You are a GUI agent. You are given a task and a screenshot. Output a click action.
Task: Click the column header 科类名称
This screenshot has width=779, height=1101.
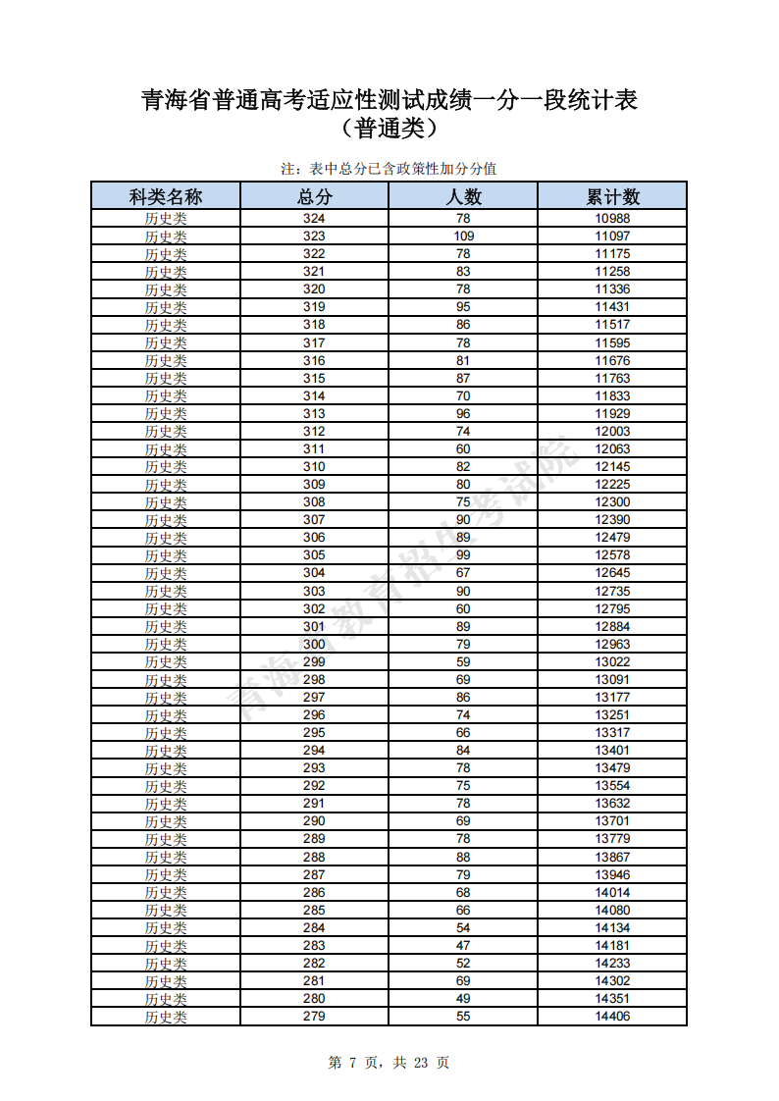click(x=166, y=196)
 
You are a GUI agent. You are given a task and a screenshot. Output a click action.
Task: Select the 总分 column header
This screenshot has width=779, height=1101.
click(x=314, y=196)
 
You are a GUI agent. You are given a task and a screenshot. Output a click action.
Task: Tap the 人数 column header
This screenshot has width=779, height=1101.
click(x=463, y=196)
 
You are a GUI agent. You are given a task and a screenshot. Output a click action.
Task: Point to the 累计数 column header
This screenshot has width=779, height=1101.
click(x=612, y=196)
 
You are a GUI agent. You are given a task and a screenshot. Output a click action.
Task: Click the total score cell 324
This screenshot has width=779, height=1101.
click(x=314, y=219)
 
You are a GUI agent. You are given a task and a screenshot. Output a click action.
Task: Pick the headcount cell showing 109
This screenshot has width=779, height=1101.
click(x=463, y=236)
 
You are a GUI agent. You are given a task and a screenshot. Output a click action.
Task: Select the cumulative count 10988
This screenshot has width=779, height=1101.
click(x=612, y=219)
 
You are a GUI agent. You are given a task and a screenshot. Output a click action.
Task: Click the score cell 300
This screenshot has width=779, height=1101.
click(x=314, y=644)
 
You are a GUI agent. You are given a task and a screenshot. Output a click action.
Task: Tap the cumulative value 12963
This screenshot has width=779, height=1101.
click(x=612, y=644)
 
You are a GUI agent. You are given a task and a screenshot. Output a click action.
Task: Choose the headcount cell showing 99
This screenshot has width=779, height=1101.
click(x=463, y=555)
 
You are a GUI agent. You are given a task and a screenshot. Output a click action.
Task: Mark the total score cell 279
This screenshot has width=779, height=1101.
click(x=314, y=1016)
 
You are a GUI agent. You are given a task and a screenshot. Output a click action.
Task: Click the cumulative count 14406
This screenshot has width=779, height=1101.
click(x=612, y=1016)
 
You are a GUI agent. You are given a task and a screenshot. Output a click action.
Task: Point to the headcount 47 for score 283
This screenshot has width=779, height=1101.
click(x=463, y=945)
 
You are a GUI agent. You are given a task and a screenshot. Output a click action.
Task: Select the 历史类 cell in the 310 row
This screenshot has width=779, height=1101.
click(x=166, y=467)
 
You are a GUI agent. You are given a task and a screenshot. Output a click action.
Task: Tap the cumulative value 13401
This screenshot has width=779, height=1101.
click(x=612, y=751)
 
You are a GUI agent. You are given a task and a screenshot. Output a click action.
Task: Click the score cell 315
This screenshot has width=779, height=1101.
click(x=314, y=379)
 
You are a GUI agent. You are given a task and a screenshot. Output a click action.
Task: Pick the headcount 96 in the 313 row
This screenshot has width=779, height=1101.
click(x=463, y=414)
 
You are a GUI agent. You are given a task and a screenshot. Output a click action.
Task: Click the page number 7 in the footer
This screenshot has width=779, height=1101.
click(x=350, y=1063)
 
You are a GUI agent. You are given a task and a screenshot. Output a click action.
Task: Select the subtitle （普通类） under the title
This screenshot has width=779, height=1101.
click(x=389, y=128)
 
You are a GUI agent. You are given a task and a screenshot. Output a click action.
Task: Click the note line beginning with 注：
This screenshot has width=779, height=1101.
click(x=389, y=169)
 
